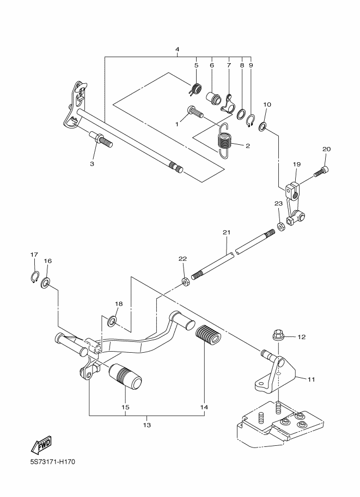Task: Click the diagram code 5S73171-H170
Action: click(x=53, y=462)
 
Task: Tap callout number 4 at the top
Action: click(x=178, y=50)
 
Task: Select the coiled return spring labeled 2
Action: click(x=225, y=140)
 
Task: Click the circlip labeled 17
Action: click(x=34, y=276)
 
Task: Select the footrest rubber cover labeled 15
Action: click(x=125, y=376)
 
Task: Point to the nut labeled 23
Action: click(x=280, y=227)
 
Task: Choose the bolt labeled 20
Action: click(x=321, y=170)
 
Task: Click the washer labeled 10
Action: click(x=263, y=126)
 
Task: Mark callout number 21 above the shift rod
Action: click(x=227, y=232)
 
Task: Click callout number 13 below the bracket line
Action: click(x=147, y=425)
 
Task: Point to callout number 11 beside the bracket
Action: click(x=311, y=379)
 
